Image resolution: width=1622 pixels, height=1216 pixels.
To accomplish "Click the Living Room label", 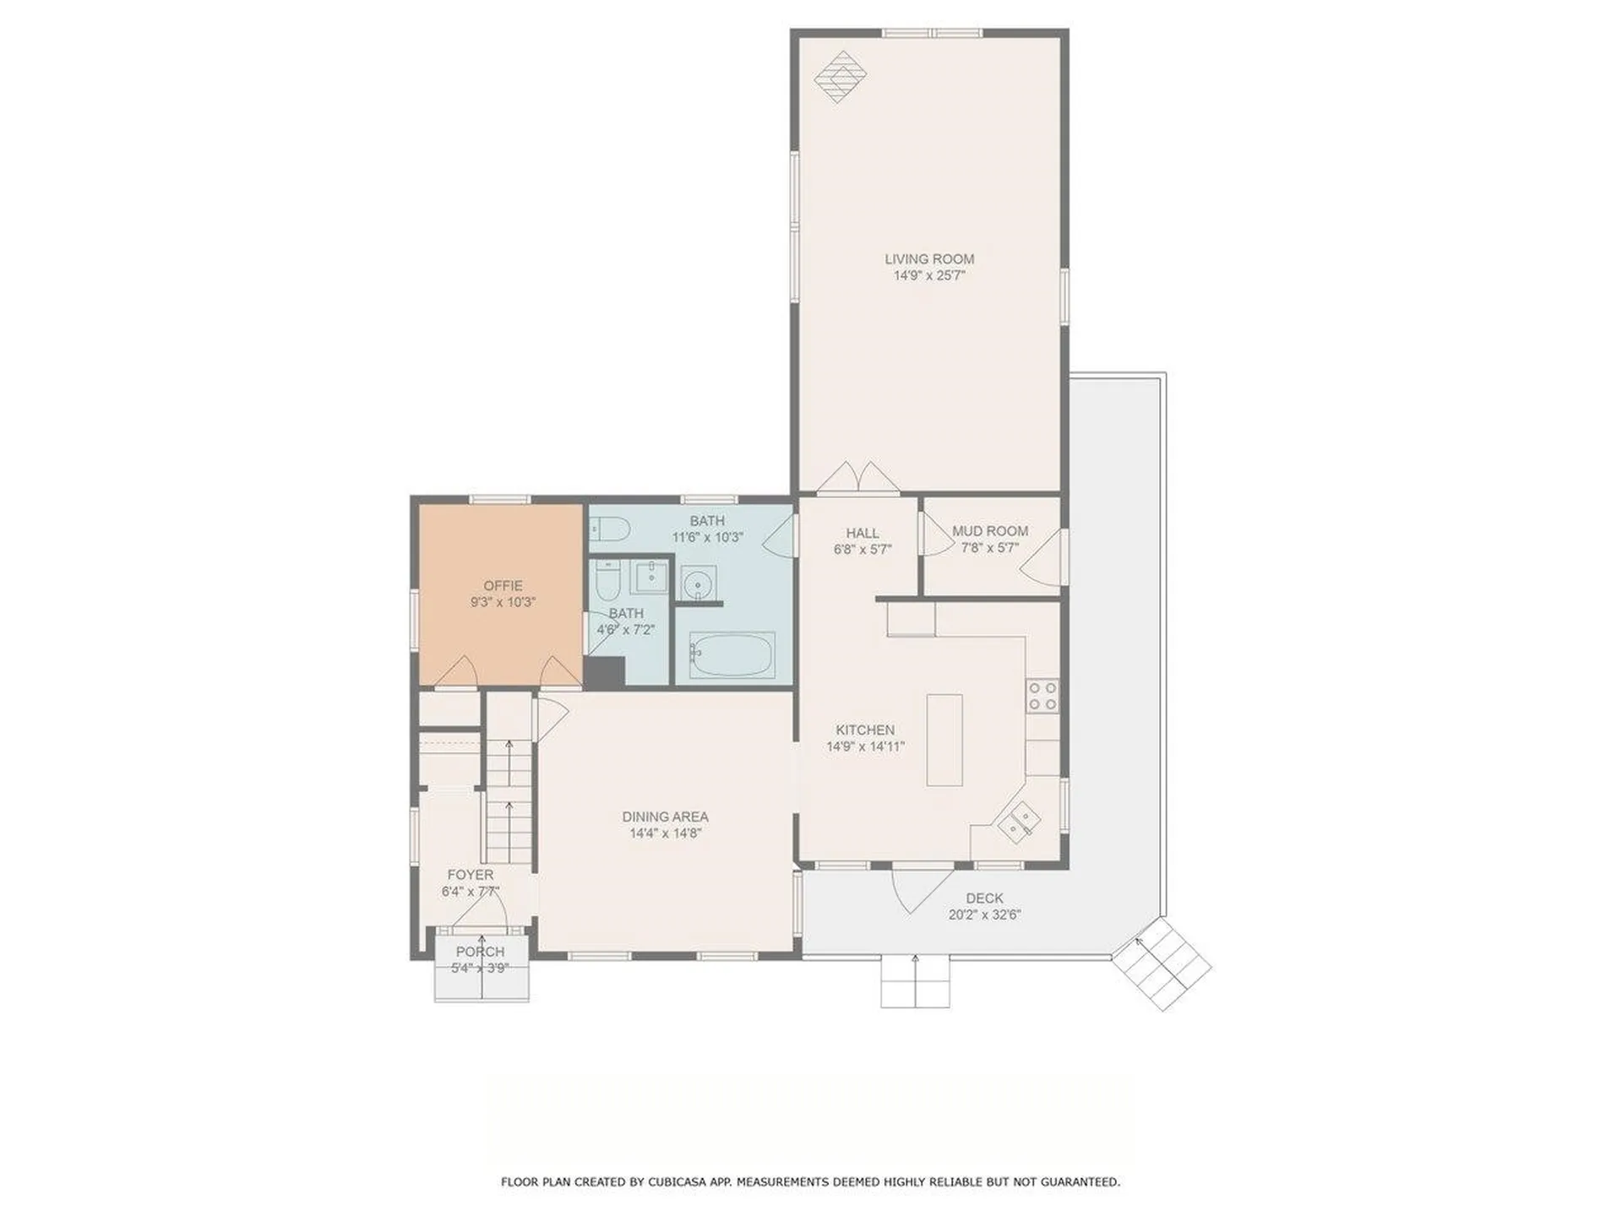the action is click(x=929, y=259).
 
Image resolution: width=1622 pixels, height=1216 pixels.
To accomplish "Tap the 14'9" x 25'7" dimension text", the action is click(x=929, y=275).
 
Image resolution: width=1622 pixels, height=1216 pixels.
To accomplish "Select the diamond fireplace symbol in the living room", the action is click(x=841, y=77).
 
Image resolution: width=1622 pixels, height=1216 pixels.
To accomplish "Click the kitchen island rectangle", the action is click(x=944, y=740).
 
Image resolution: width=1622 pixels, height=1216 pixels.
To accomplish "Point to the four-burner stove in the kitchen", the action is click(x=1043, y=696).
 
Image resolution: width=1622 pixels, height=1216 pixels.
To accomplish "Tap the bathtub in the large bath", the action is click(x=732, y=654).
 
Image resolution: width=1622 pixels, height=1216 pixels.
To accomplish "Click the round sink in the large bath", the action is click(x=699, y=584).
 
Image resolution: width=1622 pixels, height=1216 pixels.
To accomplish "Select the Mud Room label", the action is click(x=990, y=531).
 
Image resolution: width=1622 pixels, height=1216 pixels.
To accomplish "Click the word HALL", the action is click(x=863, y=533).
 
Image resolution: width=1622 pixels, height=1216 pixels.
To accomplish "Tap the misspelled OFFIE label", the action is click(x=503, y=586).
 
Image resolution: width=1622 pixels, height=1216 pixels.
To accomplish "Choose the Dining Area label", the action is click(x=666, y=817).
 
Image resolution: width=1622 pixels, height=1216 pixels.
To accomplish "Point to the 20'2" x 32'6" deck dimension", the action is click(x=984, y=915).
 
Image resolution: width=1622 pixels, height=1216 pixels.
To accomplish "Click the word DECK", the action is click(x=985, y=898).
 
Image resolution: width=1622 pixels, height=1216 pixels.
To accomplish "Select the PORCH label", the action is click(x=480, y=952).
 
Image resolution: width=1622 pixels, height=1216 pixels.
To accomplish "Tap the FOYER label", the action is click(x=471, y=875).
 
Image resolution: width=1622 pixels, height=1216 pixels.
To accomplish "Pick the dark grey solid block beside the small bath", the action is click(x=604, y=671).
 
